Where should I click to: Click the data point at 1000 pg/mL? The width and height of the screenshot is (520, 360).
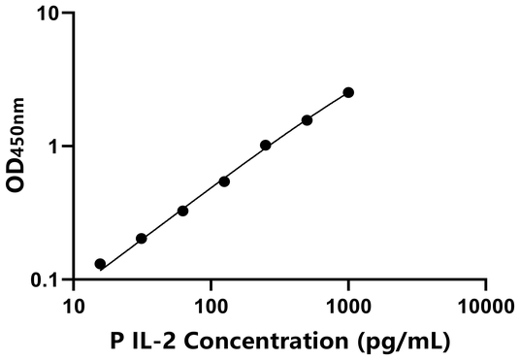point(348,92)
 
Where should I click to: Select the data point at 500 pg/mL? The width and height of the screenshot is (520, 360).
point(307,120)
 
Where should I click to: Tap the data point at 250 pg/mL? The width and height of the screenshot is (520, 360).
point(266,146)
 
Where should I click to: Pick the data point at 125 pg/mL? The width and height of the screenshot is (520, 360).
point(224,181)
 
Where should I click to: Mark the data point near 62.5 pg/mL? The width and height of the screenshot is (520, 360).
point(182,211)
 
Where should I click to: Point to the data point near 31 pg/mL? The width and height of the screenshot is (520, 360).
point(142,238)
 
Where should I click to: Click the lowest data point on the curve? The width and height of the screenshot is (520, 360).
point(100,264)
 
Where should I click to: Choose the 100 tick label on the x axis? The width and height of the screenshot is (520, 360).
point(211,308)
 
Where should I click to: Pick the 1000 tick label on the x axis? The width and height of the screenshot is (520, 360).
point(348,308)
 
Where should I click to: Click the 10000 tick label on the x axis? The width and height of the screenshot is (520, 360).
point(485,308)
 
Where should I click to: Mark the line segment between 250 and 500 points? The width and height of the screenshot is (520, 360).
point(286,133)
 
